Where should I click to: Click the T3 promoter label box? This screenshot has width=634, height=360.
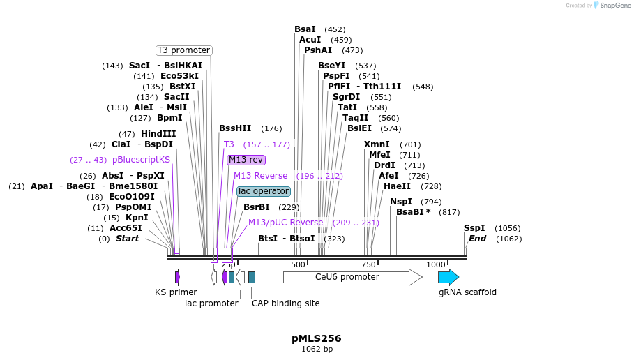[x=183, y=50]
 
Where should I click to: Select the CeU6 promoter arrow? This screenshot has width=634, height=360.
[x=352, y=277]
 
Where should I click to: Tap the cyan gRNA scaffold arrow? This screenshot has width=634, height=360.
[x=448, y=277]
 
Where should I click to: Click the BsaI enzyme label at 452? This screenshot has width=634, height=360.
[x=305, y=29]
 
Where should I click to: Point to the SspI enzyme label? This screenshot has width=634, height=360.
[x=474, y=228]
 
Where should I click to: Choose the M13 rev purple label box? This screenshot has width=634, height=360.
[x=246, y=160]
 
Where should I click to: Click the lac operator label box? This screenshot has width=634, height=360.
[x=263, y=191]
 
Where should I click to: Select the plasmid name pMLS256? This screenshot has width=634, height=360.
[x=317, y=338]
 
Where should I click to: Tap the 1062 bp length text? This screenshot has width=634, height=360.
[x=317, y=349]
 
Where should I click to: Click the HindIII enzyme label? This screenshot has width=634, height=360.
[x=158, y=134]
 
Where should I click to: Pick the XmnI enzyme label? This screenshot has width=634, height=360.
[x=377, y=144]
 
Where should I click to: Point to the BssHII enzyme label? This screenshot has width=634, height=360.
[x=235, y=128]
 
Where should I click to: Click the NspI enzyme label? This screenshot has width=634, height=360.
[x=401, y=202]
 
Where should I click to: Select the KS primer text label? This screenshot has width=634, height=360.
[x=176, y=292]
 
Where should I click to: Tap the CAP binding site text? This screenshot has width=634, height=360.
[x=285, y=303]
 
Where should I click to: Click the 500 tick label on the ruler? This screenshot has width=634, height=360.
[x=298, y=264]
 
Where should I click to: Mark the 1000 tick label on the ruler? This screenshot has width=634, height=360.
[x=435, y=264]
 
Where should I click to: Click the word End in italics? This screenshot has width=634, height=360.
[x=477, y=239]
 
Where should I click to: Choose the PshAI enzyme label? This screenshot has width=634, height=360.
[x=318, y=50]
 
